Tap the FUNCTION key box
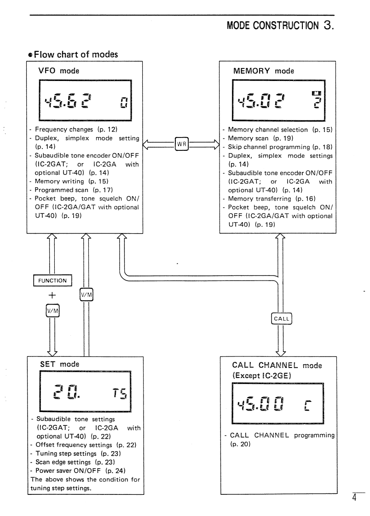coord(52,280)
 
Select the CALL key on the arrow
coord(282,318)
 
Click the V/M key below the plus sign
coord(52,313)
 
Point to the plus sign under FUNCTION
coord(52,297)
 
